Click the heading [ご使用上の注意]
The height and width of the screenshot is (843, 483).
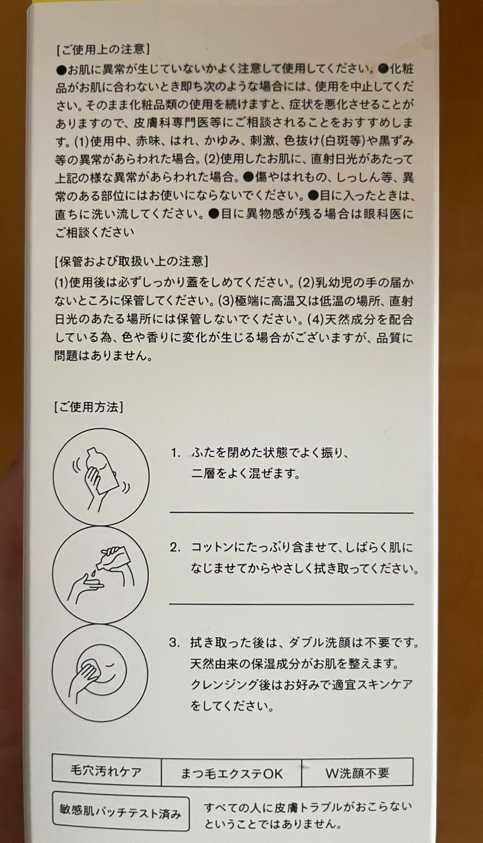103,49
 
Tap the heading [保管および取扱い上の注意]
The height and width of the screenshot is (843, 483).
131,261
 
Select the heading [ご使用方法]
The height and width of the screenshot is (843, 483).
89,407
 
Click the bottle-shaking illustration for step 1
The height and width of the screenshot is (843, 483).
101,477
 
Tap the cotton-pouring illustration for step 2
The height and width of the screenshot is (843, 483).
101,575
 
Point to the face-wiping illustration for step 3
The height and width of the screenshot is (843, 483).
100,673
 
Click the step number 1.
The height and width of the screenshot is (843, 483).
175,452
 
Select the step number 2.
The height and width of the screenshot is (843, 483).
175,547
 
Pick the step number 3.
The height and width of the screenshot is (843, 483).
175,643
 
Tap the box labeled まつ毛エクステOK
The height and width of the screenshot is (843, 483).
231,772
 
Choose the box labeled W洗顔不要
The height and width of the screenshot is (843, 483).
357,772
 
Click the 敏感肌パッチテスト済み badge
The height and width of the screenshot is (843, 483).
120,813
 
